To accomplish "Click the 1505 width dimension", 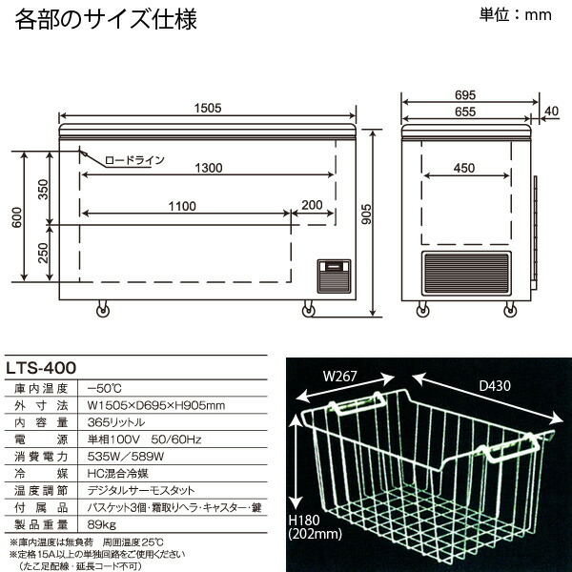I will pyautogui.click(x=207, y=109).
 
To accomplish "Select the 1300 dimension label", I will pyautogui.click(x=207, y=168).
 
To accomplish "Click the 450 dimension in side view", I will pyautogui.click(x=463, y=168).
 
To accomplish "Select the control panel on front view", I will pyautogui.click(x=333, y=273).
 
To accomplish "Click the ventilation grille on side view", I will pyautogui.click(x=468, y=274).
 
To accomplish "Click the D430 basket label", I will pyautogui.click(x=496, y=386).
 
